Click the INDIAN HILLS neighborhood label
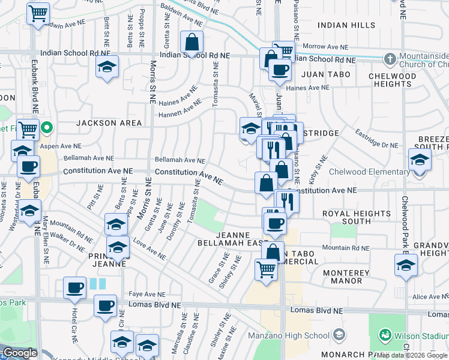(346, 25)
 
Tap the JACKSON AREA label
(109, 123)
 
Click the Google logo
(19, 353)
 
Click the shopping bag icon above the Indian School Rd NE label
(191, 43)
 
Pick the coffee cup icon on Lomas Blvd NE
(106, 305)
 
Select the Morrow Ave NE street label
(325, 47)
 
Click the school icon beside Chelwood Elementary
(420, 161)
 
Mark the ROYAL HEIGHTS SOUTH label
(356, 217)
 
